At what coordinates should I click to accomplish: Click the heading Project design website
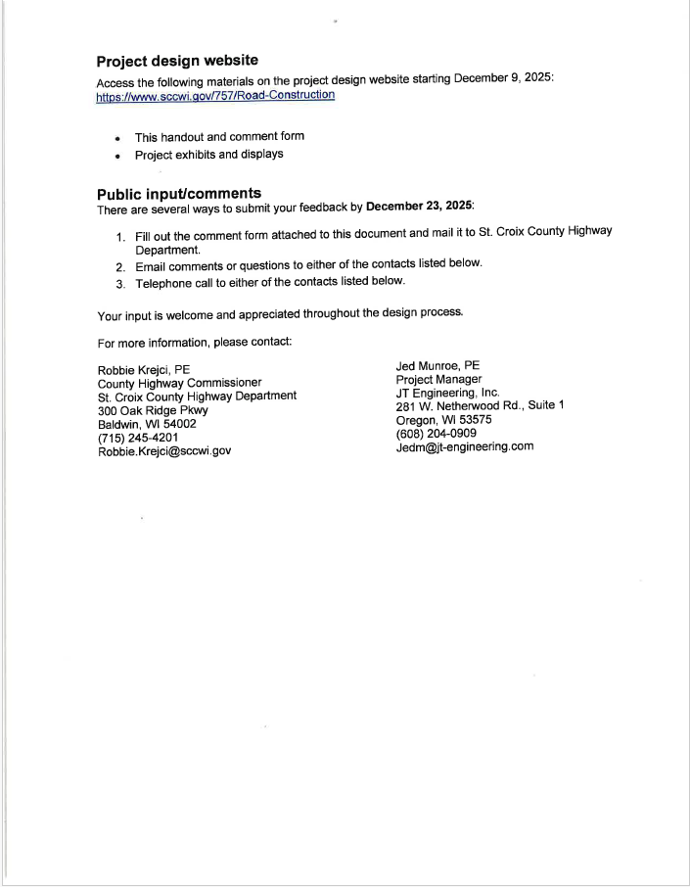pyautogui.click(x=177, y=61)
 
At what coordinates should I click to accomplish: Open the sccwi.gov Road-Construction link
pyautogui.click(x=215, y=96)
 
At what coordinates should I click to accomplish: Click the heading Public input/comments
pyautogui.click(x=179, y=193)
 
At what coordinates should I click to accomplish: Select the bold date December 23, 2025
pyautogui.click(x=419, y=207)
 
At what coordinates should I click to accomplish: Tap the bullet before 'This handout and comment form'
pyautogui.click(x=117, y=138)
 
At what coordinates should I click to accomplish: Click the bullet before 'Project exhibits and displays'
pyautogui.click(x=117, y=156)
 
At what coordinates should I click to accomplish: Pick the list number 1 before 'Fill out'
pyautogui.click(x=120, y=238)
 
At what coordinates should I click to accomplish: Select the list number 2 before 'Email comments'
pyautogui.click(x=120, y=266)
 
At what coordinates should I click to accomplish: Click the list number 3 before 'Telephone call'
pyautogui.click(x=120, y=283)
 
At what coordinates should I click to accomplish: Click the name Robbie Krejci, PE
pyautogui.click(x=144, y=370)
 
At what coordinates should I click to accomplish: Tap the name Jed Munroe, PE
pyautogui.click(x=437, y=366)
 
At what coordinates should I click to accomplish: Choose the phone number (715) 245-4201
pyautogui.click(x=138, y=438)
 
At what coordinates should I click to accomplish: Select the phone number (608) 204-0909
pyautogui.click(x=437, y=434)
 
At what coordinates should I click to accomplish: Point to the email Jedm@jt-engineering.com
pyautogui.click(x=465, y=447)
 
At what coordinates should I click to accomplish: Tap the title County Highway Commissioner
pyautogui.click(x=180, y=383)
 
